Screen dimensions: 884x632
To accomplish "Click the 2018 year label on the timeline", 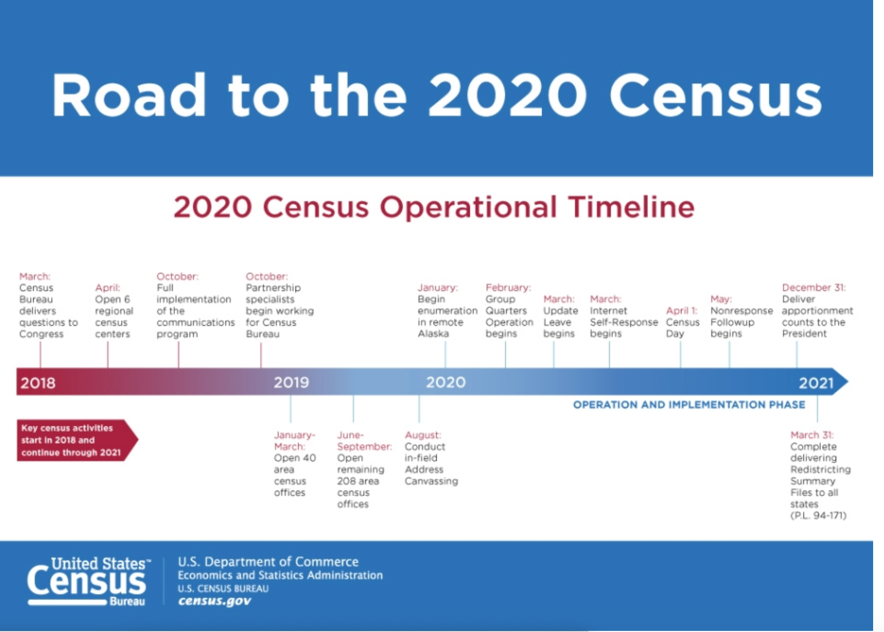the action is point(38,383).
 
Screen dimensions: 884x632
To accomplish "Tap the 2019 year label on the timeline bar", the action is point(291,382).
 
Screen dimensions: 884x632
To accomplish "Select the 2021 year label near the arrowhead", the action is point(816,383).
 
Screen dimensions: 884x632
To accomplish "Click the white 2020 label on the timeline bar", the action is point(446,382).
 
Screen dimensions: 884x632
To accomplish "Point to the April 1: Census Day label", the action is point(683,322).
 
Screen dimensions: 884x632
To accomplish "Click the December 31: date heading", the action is point(814,287).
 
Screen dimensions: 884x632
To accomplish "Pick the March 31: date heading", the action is point(812,435).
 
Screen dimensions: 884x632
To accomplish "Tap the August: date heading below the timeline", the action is point(423,435).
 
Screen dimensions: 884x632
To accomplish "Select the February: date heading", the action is point(508,287).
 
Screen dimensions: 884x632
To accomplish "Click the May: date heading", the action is point(721,299).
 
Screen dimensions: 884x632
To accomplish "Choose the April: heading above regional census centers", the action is point(107,288).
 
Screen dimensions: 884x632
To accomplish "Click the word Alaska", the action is point(433,333).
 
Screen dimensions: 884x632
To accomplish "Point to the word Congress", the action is point(41,334).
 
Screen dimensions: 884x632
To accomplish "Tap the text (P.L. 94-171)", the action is point(819,515).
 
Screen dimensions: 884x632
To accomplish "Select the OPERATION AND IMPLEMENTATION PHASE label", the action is point(689,405).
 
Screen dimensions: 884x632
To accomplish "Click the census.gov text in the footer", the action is point(214,601).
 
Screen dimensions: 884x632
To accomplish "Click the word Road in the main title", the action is point(129,95).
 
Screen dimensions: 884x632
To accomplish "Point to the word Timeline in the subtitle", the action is point(631,207).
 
